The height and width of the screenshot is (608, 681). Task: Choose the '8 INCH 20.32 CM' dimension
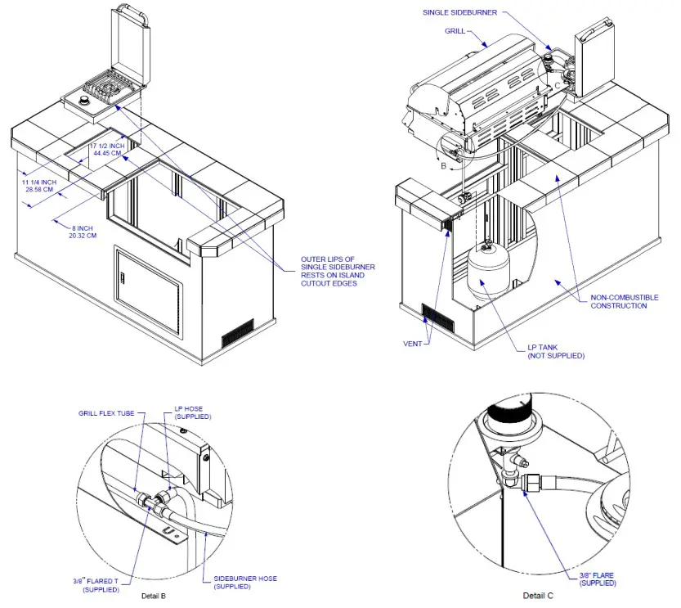[x=82, y=231]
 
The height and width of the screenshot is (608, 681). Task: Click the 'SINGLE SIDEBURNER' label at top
[x=459, y=13]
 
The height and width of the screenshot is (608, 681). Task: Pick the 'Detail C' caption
[x=540, y=596]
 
